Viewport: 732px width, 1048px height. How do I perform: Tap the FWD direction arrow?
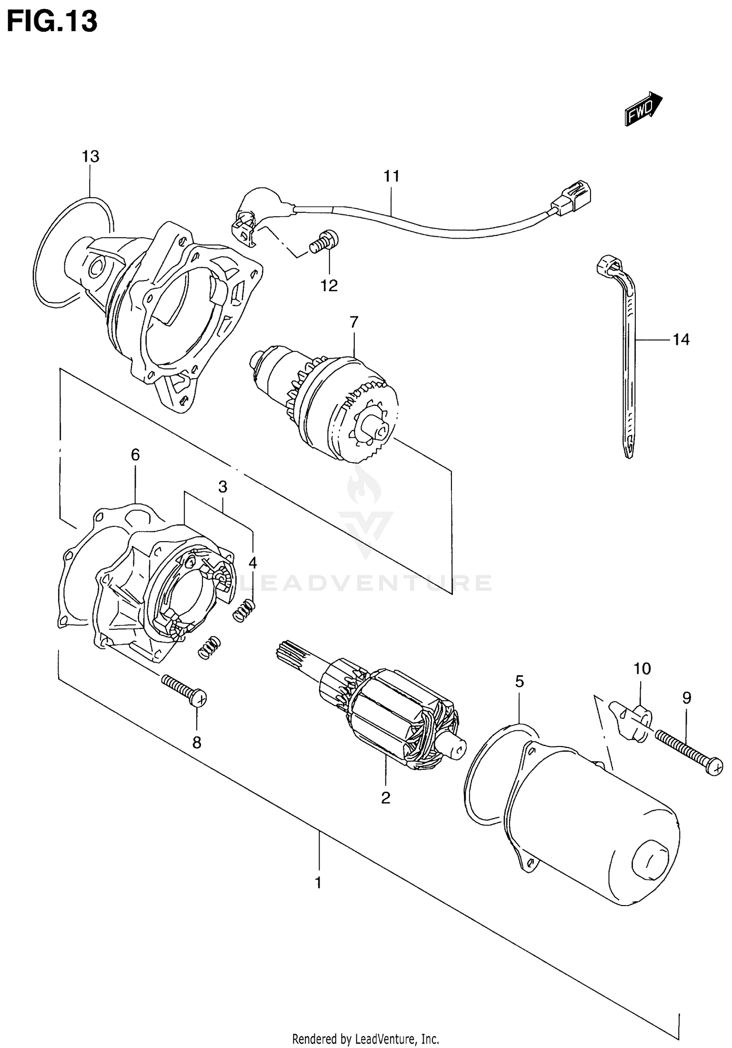click(643, 110)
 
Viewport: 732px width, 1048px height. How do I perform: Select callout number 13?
click(90, 157)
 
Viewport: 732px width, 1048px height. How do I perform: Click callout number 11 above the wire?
click(391, 176)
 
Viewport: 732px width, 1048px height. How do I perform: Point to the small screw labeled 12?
click(324, 242)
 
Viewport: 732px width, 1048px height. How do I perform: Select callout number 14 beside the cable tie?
click(681, 339)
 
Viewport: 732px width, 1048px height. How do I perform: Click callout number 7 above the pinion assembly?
click(354, 322)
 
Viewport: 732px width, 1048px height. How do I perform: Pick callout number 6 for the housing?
click(135, 455)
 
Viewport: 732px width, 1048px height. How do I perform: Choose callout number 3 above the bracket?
click(223, 486)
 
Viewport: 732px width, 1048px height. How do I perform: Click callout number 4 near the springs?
click(252, 563)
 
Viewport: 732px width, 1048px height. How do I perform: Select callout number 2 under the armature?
click(386, 798)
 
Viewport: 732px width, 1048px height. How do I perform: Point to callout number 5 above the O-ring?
click(519, 682)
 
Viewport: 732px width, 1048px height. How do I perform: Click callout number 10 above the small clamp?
click(642, 668)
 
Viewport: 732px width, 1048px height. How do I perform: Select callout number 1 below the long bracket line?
click(318, 883)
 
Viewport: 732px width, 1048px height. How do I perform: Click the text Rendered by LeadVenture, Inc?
click(366, 1039)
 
